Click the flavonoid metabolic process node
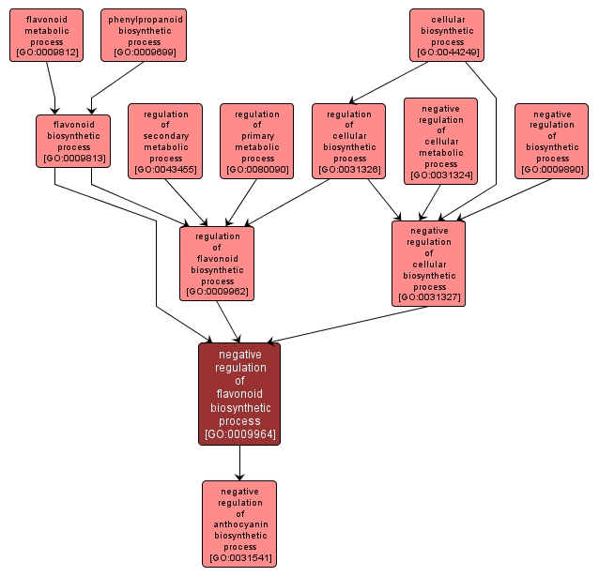tap(46, 35)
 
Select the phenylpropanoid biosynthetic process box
tap(144, 35)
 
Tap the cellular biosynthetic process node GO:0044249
tap(447, 35)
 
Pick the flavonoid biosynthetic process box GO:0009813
tap(73, 141)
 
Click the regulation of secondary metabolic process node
tap(165, 141)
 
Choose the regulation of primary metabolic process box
tap(257, 141)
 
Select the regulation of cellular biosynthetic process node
tap(349, 141)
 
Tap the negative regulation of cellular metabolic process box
tap(441, 141)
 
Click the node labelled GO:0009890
tap(551, 141)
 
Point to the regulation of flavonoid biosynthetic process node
tap(217, 263)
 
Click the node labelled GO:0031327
tap(428, 263)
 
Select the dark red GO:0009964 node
tap(239, 393)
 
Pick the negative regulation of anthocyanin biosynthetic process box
tap(239, 524)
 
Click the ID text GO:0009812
tap(46, 53)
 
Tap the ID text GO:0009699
tap(144, 53)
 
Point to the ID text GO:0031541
tap(239, 558)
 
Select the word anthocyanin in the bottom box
tap(240, 524)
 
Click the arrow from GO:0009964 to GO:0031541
tap(239, 463)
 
